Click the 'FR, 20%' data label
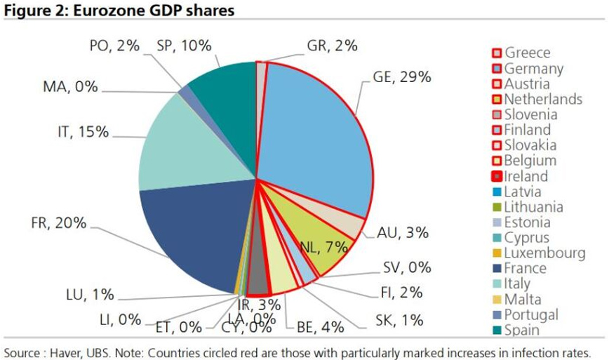[x=59, y=223]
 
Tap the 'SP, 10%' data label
[x=184, y=46]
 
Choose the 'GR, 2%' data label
[x=332, y=46]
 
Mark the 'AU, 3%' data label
[x=403, y=232]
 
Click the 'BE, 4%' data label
[x=321, y=326]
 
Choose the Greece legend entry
[x=522, y=53]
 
